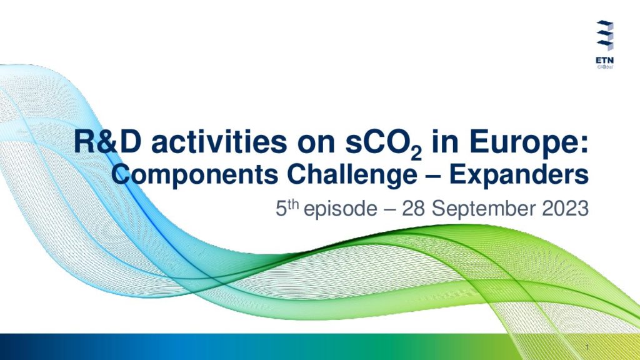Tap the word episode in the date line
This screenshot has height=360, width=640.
(x=341, y=209)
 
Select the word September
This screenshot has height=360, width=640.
(x=483, y=209)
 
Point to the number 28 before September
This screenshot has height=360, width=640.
(x=413, y=209)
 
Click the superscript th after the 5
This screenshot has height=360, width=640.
(x=293, y=204)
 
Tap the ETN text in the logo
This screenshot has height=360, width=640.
(x=604, y=60)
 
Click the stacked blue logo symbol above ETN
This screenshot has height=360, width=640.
(x=605, y=36)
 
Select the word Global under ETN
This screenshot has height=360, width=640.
(x=605, y=66)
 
